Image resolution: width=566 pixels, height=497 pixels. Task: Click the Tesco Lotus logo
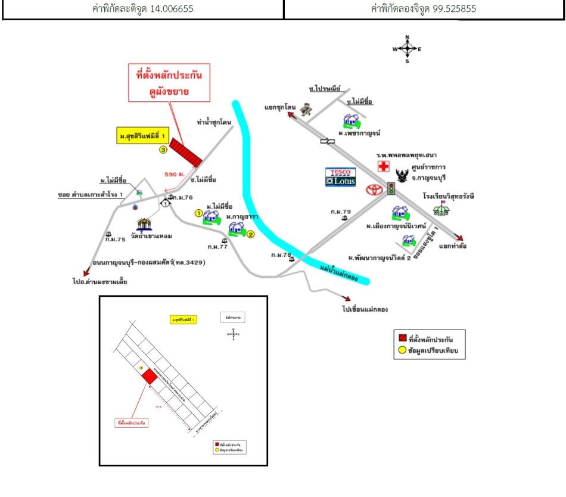(x=340, y=177)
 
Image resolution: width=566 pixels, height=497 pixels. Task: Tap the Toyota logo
(x=375, y=191)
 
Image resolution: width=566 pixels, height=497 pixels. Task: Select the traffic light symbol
(x=391, y=188)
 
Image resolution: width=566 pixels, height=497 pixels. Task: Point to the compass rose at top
(x=407, y=49)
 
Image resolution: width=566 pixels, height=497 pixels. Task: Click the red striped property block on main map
(x=186, y=153)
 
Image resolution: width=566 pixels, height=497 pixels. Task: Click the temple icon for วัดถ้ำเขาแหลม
(x=145, y=225)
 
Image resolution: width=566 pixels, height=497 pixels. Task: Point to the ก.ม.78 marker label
(x=281, y=255)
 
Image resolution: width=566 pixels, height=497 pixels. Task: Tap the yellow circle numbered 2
(x=251, y=234)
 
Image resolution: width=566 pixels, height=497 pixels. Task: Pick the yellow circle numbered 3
(x=163, y=151)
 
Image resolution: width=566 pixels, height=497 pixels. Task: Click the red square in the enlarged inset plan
(x=147, y=377)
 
